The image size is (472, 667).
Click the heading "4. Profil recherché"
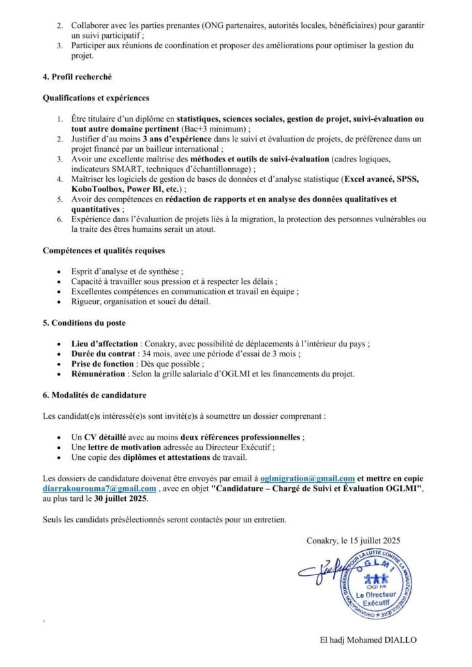(x=77, y=77)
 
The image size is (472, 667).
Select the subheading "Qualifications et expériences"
(x=96, y=98)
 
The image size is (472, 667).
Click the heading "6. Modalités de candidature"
(x=89, y=395)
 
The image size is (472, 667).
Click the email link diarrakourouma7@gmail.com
(x=99, y=489)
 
